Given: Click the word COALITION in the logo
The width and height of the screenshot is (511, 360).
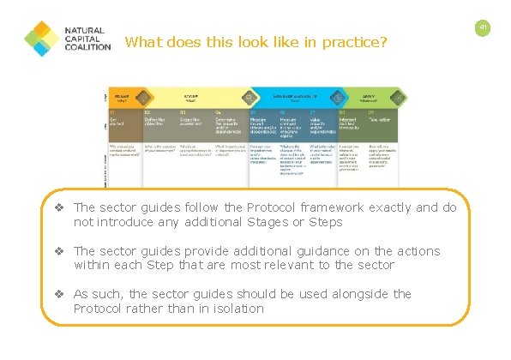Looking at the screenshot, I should pyautogui.click(x=88, y=47).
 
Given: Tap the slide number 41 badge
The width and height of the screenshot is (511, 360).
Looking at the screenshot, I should pyautogui.click(x=484, y=28).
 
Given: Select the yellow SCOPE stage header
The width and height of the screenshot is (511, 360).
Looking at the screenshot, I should pyautogui.click(x=193, y=96).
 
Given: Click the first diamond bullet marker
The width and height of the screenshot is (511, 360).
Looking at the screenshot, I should pyautogui.click(x=60, y=207).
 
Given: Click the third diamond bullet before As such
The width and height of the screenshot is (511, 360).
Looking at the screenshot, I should pyautogui.click(x=60, y=294).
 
